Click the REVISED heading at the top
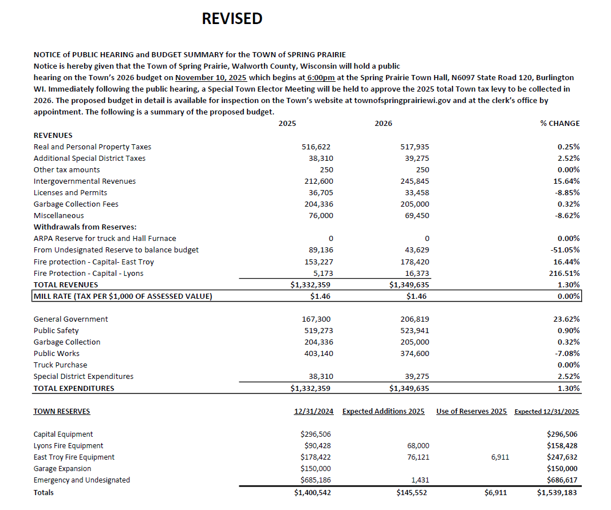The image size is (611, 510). pyautogui.click(x=232, y=19)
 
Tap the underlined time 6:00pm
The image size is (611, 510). pyautogui.click(x=321, y=77)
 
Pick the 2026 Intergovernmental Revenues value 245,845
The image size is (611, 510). pyautogui.click(x=415, y=181)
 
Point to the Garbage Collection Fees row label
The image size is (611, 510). pyautogui.click(x=76, y=204)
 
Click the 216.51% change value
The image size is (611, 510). pyautogui.click(x=565, y=274)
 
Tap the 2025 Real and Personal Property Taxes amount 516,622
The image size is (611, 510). pyautogui.click(x=317, y=147)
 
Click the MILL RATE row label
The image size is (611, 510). pyautogui.click(x=123, y=296)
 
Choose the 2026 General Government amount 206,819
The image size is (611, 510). pyautogui.click(x=415, y=319)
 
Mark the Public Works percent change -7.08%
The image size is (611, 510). pyautogui.click(x=566, y=354)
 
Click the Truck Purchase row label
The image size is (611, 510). pyautogui.click(x=60, y=365)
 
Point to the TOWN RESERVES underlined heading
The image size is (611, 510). pyautogui.click(x=61, y=412)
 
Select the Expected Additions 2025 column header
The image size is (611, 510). pyautogui.click(x=383, y=412)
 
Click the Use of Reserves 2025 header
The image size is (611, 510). pyautogui.click(x=471, y=412)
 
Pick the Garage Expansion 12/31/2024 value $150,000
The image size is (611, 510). pyautogui.click(x=316, y=469)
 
